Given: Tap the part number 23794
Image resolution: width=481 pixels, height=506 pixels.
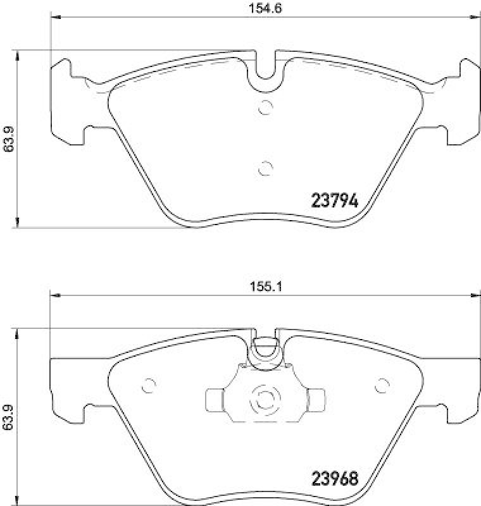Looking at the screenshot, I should (335, 201).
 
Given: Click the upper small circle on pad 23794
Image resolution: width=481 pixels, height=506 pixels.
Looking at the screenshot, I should (266, 108).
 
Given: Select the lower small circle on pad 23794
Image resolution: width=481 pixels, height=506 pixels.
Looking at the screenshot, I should (266, 168).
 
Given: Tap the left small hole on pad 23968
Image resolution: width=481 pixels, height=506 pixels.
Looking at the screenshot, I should (150, 384).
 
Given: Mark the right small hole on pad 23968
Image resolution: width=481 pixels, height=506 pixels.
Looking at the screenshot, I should (382, 384).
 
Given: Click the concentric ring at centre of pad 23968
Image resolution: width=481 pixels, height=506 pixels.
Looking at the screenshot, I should (265, 399).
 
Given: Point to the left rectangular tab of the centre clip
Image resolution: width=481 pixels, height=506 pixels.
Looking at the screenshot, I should (215, 399).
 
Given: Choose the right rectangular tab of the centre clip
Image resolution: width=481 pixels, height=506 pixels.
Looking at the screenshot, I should (315, 399).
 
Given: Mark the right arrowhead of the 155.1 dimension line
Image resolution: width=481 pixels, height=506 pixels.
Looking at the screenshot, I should (476, 295).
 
